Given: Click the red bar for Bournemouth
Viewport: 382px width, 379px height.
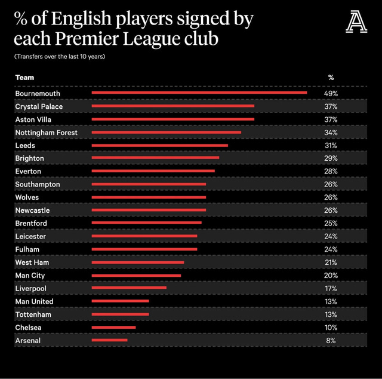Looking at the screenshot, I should [199, 93].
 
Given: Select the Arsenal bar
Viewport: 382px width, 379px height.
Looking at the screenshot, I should [109, 340].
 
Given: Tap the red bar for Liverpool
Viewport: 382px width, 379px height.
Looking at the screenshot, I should [129, 288].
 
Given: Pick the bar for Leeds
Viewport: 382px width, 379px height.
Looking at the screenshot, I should [159, 145].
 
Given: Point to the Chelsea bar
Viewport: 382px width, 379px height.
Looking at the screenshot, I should [113, 327].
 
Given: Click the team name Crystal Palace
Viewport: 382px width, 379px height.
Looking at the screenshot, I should [39, 106].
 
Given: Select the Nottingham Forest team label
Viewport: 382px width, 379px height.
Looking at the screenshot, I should [46, 132].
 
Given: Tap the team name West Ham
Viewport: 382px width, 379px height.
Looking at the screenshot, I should [32, 262].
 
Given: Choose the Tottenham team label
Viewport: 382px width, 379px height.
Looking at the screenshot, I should [33, 314].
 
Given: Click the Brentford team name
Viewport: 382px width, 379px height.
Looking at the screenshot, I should [31, 223].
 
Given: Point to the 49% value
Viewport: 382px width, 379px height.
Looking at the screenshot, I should [331, 94].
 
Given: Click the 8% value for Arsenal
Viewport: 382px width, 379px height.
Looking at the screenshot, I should [331, 341].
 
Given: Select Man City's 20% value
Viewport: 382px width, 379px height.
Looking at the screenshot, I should [331, 276].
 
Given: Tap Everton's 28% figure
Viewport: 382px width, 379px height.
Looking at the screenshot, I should [331, 172].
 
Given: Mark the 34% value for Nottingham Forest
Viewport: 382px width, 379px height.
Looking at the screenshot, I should [331, 132].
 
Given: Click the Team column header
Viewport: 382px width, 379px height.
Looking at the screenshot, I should [24, 78].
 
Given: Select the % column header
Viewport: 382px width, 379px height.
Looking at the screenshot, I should [331, 78].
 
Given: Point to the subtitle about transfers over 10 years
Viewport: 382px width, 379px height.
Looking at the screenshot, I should [60, 57].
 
